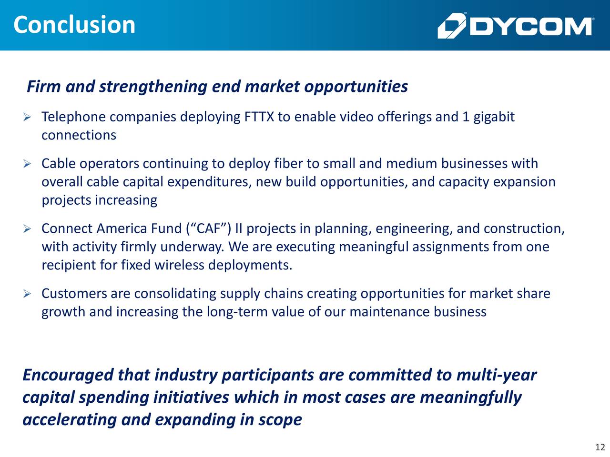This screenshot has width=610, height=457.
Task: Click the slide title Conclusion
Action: (74, 25)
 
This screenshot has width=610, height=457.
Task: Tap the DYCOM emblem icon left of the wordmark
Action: (451, 26)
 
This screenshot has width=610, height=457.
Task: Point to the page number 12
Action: (600, 447)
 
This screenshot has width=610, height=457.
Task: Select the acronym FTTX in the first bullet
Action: (259, 117)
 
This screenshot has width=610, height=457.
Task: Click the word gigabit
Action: (494, 117)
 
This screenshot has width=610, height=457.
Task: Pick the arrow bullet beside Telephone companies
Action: (28, 117)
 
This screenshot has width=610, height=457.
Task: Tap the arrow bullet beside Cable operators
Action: (28, 164)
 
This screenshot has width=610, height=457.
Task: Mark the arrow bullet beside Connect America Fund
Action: (28, 229)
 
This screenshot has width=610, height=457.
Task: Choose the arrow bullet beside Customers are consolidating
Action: (28, 294)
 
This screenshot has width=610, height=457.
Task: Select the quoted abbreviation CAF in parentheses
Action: (208, 229)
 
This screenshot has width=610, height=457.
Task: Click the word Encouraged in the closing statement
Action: (68, 376)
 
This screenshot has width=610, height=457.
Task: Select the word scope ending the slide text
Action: (280, 420)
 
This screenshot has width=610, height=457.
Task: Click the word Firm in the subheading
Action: (44, 87)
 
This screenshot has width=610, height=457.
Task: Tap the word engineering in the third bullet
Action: (414, 229)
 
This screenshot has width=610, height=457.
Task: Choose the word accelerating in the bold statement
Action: (70, 420)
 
